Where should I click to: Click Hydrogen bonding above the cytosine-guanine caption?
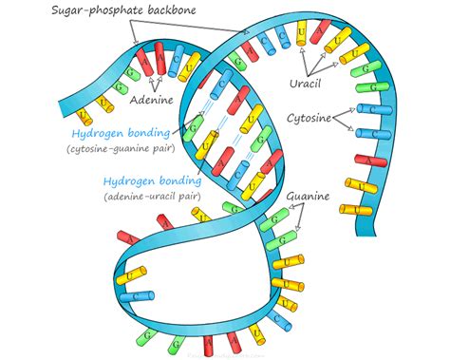pos(112,135)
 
